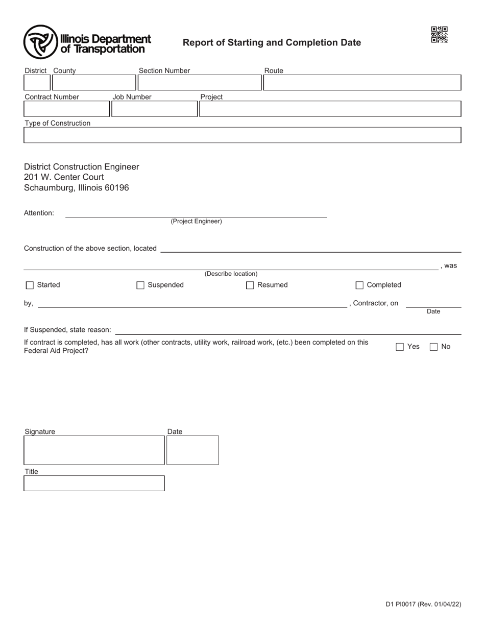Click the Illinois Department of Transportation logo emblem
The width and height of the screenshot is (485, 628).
(x=40, y=42)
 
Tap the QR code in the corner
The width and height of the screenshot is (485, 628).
(x=439, y=35)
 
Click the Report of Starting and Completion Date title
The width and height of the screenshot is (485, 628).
(x=272, y=43)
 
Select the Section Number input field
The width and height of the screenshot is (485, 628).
(x=199, y=83)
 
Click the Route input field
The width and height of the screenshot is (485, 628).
(x=362, y=83)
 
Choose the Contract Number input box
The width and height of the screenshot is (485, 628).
(x=66, y=109)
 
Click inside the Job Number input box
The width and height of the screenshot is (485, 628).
(x=154, y=109)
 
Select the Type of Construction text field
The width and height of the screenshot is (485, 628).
(x=243, y=135)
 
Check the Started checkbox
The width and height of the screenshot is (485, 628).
(x=30, y=285)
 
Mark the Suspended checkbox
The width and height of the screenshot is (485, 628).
(x=140, y=285)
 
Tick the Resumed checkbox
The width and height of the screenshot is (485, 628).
(x=250, y=285)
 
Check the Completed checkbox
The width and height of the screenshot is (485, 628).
(x=359, y=285)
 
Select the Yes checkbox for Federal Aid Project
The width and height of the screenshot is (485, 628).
(x=400, y=347)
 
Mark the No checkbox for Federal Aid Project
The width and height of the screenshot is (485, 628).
(x=433, y=347)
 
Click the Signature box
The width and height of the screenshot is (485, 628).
(x=94, y=450)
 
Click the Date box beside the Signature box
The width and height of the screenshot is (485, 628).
(x=192, y=450)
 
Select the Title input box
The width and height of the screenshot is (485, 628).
(x=94, y=484)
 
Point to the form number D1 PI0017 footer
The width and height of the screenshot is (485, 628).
(x=423, y=605)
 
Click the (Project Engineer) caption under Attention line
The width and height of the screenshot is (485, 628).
(x=196, y=222)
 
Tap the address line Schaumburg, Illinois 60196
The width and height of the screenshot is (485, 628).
(x=77, y=188)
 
